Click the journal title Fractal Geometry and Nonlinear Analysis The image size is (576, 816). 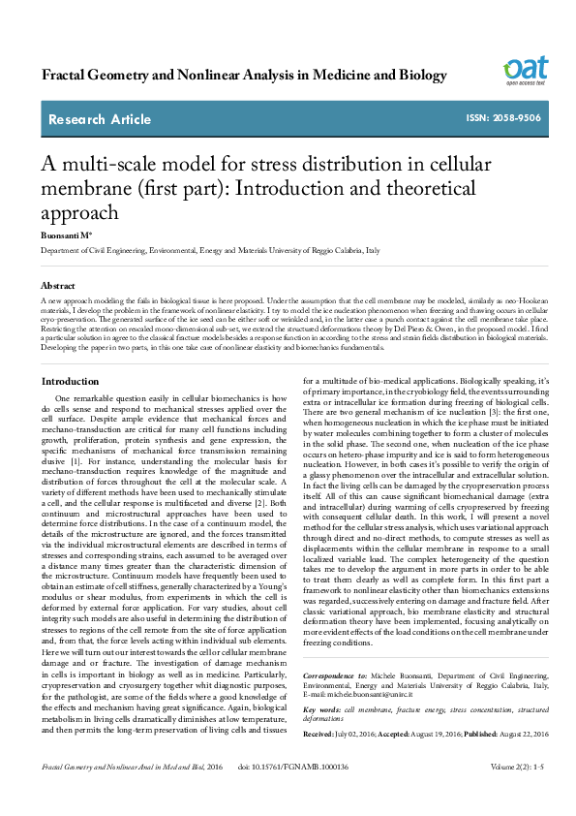[231, 75]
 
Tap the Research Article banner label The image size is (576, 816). [100, 120]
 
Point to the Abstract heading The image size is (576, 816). [58, 287]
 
